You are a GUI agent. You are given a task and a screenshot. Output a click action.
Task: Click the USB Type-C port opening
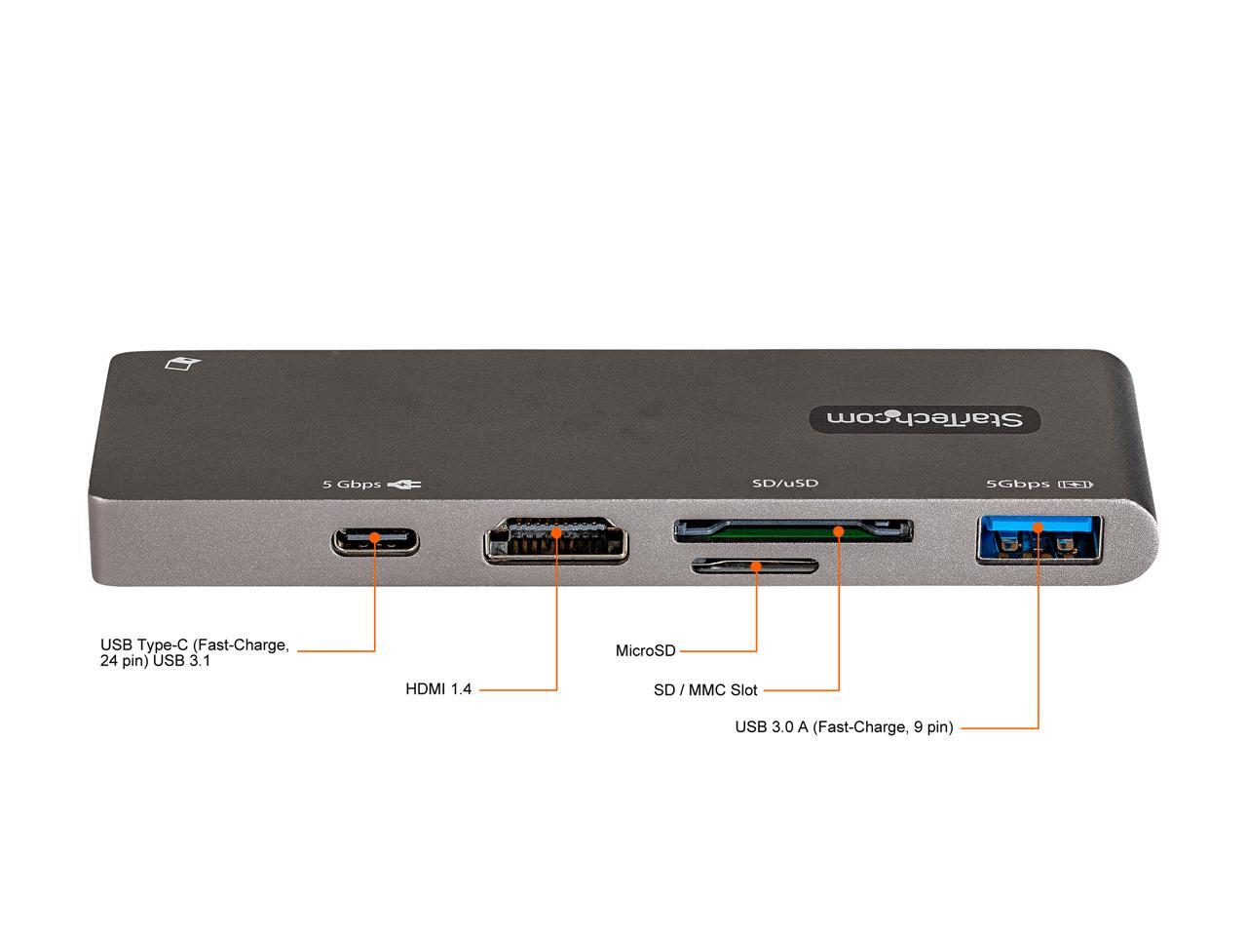(x=375, y=541)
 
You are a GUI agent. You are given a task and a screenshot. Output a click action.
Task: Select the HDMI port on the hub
(x=555, y=543)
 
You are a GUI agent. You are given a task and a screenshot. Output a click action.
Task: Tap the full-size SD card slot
(x=793, y=531)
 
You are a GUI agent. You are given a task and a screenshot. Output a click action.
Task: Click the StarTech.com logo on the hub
(x=925, y=418)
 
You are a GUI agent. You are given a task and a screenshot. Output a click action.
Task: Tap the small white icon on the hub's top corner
(x=183, y=365)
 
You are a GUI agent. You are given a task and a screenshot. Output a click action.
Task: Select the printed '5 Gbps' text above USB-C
(x=352, y=484)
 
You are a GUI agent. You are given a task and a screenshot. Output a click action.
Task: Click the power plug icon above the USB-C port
(x=403, y=484)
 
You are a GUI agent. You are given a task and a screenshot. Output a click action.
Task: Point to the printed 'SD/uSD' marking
(x=785, y=483)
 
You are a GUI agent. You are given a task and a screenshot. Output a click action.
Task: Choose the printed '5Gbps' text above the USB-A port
(x=1018, y=484)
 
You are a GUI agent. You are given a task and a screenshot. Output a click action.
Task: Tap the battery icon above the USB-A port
(x=1080, y=484)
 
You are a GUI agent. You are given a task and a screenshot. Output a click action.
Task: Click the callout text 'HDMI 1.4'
(x=438, y=689)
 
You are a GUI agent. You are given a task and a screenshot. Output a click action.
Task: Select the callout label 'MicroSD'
(x=645, y=650)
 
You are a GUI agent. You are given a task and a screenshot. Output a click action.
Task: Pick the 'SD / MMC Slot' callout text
(x=705, y=690)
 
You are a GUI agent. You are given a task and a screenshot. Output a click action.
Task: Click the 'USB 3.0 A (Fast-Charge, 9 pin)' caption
(x=844, y=726)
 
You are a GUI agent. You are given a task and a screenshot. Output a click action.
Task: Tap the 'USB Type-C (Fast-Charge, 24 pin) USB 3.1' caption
(x=195, y=652)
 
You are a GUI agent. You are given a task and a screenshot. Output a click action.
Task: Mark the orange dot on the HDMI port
(x=556, y=532)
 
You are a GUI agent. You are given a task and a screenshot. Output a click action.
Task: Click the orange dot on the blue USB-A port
(x=1039, y=527)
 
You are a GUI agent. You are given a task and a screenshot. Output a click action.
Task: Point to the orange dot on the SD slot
(x=839, y=530)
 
